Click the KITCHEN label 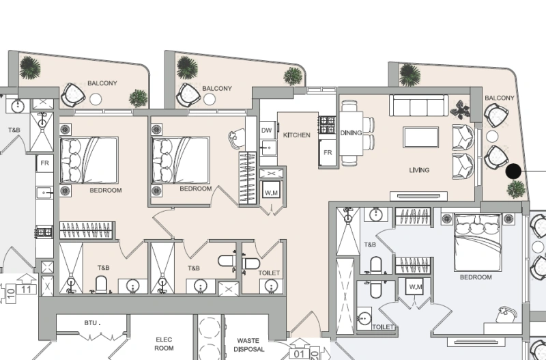coord(297,135)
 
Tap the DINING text coord(351,133)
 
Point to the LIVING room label coord(419,170)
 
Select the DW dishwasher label coord(267,130)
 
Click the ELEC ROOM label coord(164,344)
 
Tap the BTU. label coord(92,322)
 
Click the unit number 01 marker coord(298,354)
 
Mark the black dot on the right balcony coord(513,171)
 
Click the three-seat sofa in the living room coord(418,106)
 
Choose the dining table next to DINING coord(351,133)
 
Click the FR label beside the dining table coord(328,152)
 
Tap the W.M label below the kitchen coord(270,191)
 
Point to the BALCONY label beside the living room coord(499,98)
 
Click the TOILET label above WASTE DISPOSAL coord(269,273)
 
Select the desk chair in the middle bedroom coord(236,138)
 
